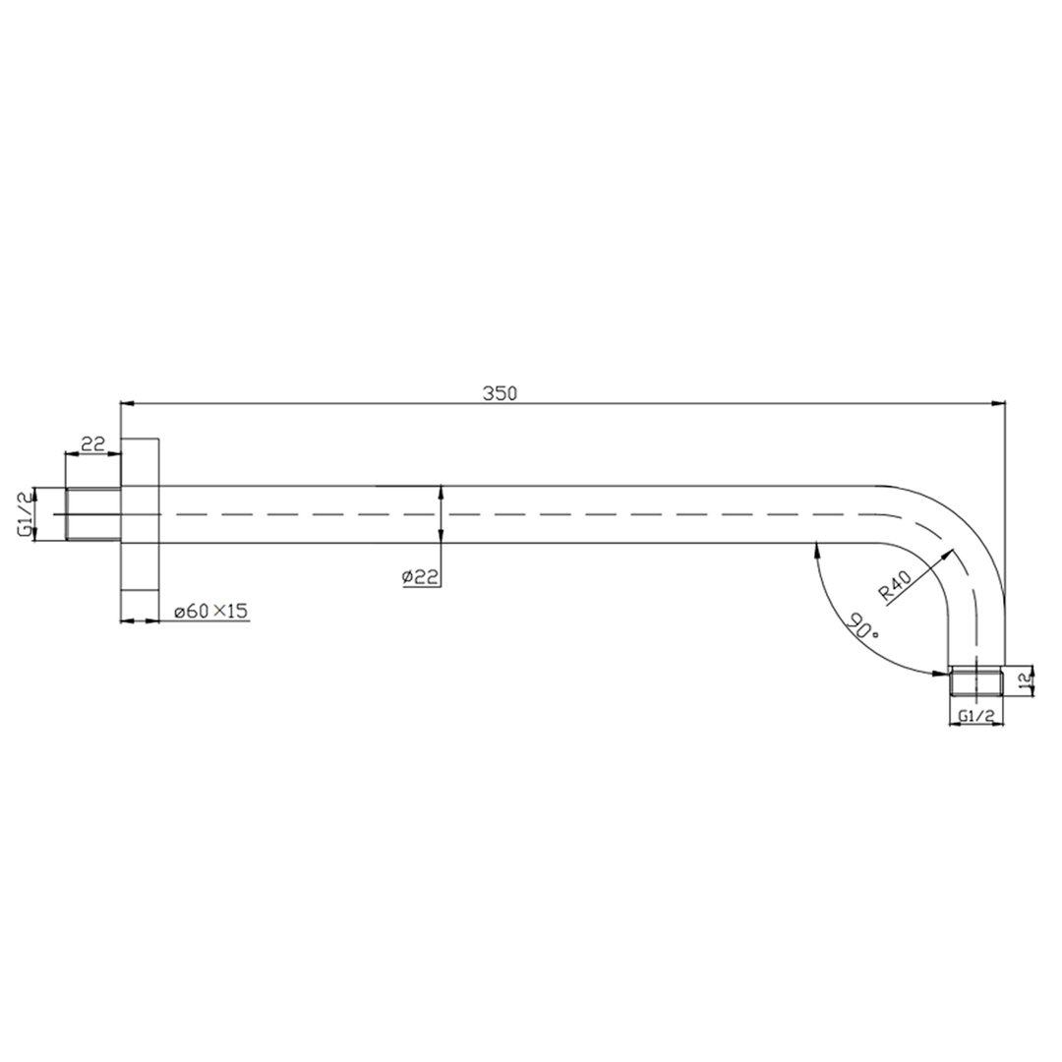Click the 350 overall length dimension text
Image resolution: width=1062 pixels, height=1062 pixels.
(x=500, y=393)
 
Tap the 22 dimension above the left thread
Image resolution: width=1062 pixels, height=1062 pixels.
(x=92, y=444)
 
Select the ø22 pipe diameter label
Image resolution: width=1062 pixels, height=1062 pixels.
(x=420, y=577)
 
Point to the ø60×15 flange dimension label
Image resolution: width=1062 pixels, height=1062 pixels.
(x=210, y=611)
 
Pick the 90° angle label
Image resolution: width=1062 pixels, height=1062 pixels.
(x=862, y=626)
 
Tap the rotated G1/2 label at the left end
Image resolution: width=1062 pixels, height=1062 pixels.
(x=25, y=514)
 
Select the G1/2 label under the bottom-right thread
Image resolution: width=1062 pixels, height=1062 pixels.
(x=975, y=715)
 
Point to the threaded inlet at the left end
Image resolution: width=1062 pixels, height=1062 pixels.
(x=92, y=514)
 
